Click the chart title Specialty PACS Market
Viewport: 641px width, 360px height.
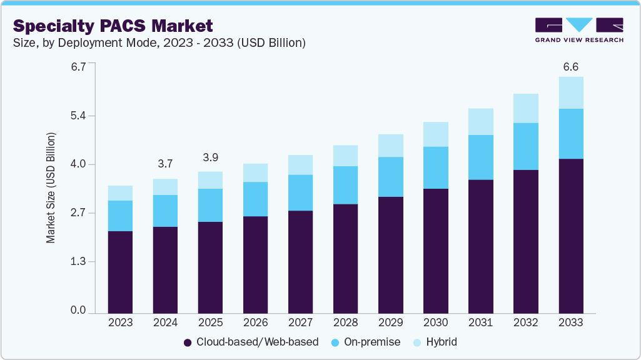[113, 26]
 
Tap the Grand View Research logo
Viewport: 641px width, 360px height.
[579, 30]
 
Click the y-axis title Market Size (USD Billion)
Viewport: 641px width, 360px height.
[51, 187]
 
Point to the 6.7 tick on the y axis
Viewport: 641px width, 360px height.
[78, 66]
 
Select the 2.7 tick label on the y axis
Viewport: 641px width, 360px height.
[78, 213]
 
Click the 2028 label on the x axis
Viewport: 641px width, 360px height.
[345, 322]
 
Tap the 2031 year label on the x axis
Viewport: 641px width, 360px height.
[480, 322]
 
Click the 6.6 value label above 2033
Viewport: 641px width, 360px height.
[570, 66]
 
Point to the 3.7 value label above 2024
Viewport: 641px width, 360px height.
[165, 164]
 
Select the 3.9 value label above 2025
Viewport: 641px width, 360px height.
[210, 157]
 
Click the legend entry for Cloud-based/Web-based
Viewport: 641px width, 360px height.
[251, 342]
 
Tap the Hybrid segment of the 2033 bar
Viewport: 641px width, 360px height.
[570, 92]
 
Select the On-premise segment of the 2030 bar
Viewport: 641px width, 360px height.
[435, 167]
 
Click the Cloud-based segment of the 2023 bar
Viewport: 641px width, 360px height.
[120, 272]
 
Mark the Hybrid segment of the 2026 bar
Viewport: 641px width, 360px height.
[255, 172]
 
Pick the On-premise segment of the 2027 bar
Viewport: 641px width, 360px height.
[300, 192]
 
